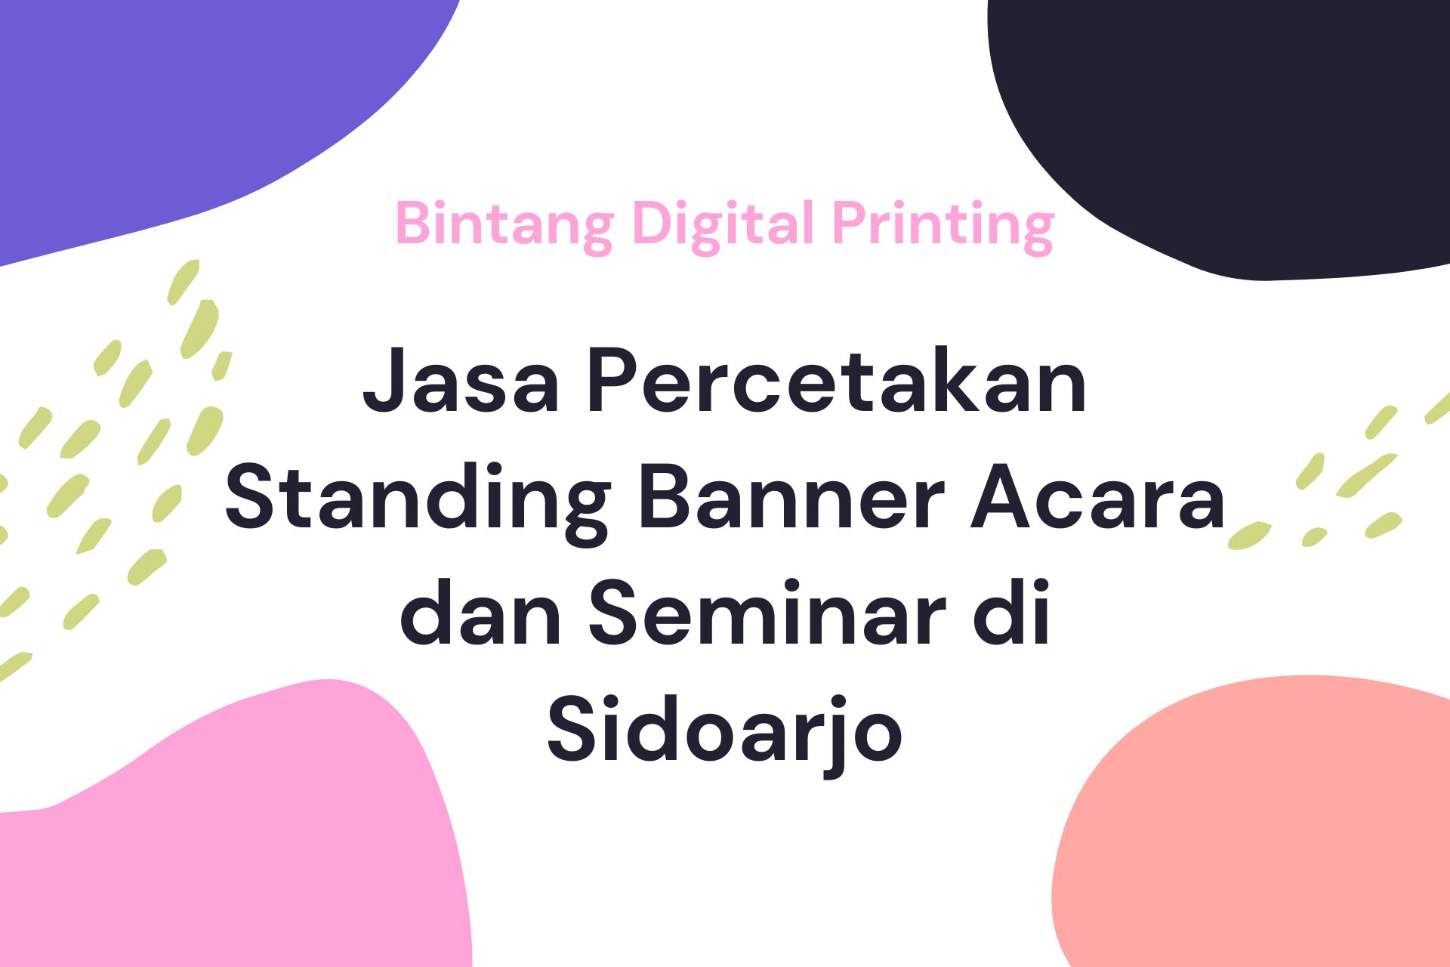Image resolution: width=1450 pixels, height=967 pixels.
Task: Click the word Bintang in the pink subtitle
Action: click(504, 224)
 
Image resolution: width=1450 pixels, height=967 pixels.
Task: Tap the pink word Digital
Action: click(723, 224)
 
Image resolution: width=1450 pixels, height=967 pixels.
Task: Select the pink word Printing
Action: click(942, 224)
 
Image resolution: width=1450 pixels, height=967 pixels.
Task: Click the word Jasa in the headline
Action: click(461, 382)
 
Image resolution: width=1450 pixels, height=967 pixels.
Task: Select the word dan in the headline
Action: click(480, 613)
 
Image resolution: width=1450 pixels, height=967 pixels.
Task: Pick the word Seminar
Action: click(768, 613)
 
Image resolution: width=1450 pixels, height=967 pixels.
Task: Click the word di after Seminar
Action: click(1012, 613)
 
